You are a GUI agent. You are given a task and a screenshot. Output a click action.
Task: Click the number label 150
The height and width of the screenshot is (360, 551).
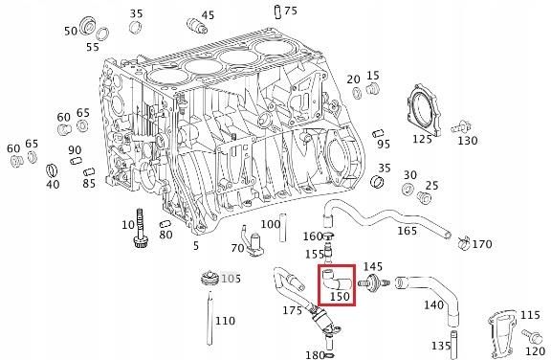click(x=340, y=297)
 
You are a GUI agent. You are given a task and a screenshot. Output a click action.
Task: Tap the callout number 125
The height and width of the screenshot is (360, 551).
click(x=422, y=140)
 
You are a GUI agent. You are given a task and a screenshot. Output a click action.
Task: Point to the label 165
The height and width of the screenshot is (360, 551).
click(x=408, y=232)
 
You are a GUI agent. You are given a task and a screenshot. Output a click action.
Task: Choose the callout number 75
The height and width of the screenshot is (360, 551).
click(x=290, y=11)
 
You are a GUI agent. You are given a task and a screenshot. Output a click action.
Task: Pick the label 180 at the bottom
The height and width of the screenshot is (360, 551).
click(x=313, y=355)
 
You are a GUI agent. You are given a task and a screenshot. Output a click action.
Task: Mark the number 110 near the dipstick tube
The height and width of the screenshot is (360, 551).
click(x=226, y=321)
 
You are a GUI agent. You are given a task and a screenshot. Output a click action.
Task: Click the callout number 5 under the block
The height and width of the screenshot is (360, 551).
click(x=196, y=246)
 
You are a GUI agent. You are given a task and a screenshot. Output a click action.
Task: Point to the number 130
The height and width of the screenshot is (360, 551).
click(x=467, y=141)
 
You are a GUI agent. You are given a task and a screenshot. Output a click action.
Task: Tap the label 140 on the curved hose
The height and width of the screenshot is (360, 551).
click(x=433, y=305)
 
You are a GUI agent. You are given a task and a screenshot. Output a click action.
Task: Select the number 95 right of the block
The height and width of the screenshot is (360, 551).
click(x=384, y=145)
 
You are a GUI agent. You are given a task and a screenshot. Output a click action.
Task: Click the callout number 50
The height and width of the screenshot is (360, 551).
click(x=70, y=32)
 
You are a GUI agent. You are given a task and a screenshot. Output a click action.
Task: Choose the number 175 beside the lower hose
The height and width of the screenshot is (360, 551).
click(x=291, y=310)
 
